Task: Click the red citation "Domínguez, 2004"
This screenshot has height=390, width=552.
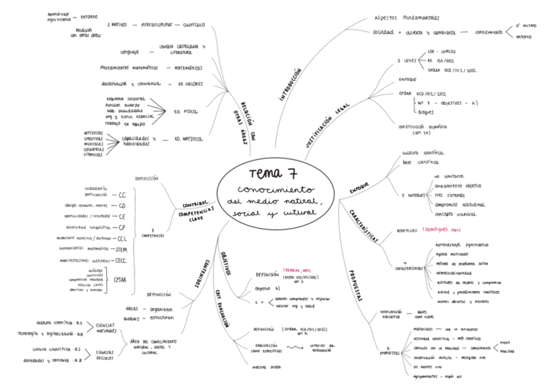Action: pyautogui.click(x=441, y=230)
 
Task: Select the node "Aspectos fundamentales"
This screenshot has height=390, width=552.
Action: pyautogui.click(x=407, y=18)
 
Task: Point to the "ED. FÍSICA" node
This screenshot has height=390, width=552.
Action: pyautogui.click(x=186, y=111)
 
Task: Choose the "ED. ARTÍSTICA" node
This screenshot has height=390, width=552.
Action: pyautogui.click(x=188, y=139)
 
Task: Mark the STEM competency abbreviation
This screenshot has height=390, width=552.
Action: pyautogui.click(x=120, y=249)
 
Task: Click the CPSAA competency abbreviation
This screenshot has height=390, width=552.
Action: pyautogui.click(x=120, y=281)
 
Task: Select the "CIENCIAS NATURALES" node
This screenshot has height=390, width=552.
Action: pyautogui.click(x=105, y=327)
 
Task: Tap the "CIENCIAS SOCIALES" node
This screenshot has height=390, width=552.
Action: pyautogui.click(x=105, y=355)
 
